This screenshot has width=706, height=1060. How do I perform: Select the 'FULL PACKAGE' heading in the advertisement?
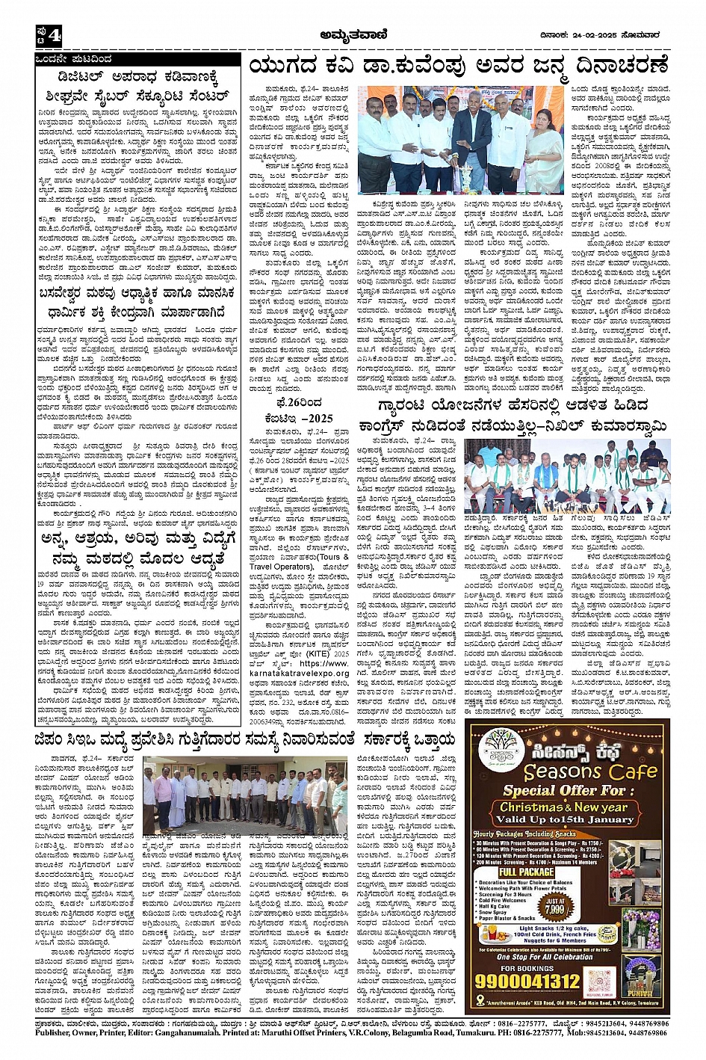coord(527,872)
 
